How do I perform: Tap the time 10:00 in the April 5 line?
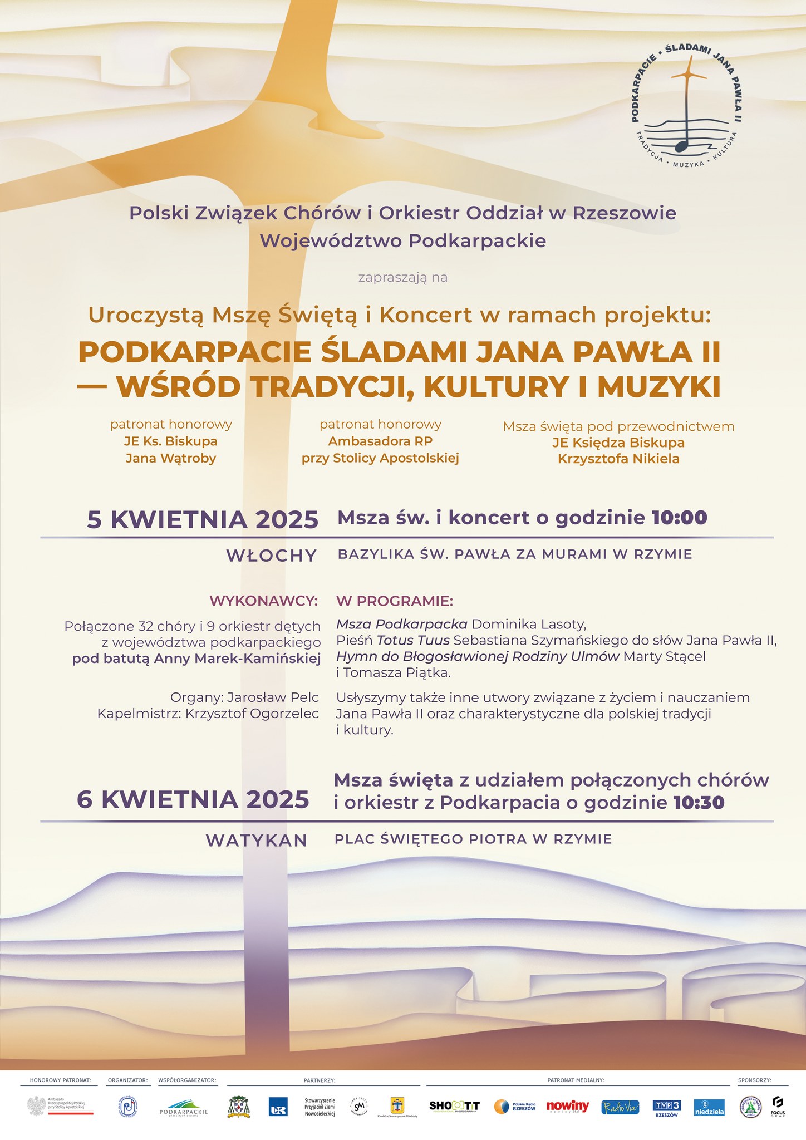pos(679,518)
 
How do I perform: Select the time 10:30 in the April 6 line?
pos(699,803)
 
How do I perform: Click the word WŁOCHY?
pos(272,556)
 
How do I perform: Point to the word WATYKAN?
pos(257,841)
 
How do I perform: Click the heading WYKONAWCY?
pos(263,601)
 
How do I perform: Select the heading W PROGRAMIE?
pos(395,601)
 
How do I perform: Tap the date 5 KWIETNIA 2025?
pos(203,519)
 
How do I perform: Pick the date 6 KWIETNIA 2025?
pos(193,800)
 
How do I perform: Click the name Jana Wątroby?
pos(171,459)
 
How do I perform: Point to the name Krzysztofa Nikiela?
pos(618,459)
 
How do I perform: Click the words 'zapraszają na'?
pos(403,277)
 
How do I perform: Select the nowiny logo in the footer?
pos(567,1107)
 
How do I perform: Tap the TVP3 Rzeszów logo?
pos(666,1108)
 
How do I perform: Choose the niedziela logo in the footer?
pos(710,1108)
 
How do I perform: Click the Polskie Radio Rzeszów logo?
pos(515,1107)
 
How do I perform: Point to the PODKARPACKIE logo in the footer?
pos(183,1107)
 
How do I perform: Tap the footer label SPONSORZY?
pos(754,1080)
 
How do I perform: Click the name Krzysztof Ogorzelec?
pos(252,714)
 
